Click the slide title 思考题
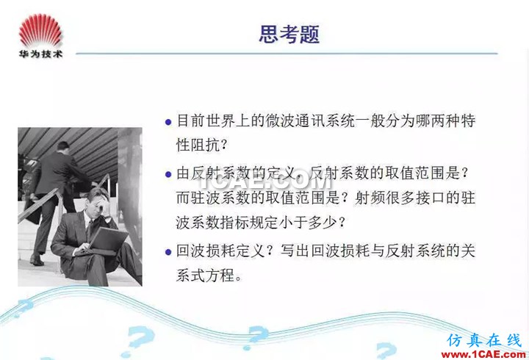coord(289,34)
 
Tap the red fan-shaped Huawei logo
coord(40,30)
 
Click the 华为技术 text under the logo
coord(40,54)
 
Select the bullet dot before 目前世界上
coord(168,122)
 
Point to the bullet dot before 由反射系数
coord(168,174)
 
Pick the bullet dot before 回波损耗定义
coord(168,252)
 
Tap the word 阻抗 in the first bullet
coord(205,145)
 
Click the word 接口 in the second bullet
coord(430,198)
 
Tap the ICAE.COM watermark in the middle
coord(265,182)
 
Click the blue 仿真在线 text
coord(484,341)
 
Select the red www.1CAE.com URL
coord(483,355)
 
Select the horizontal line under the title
coord(287,54)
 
